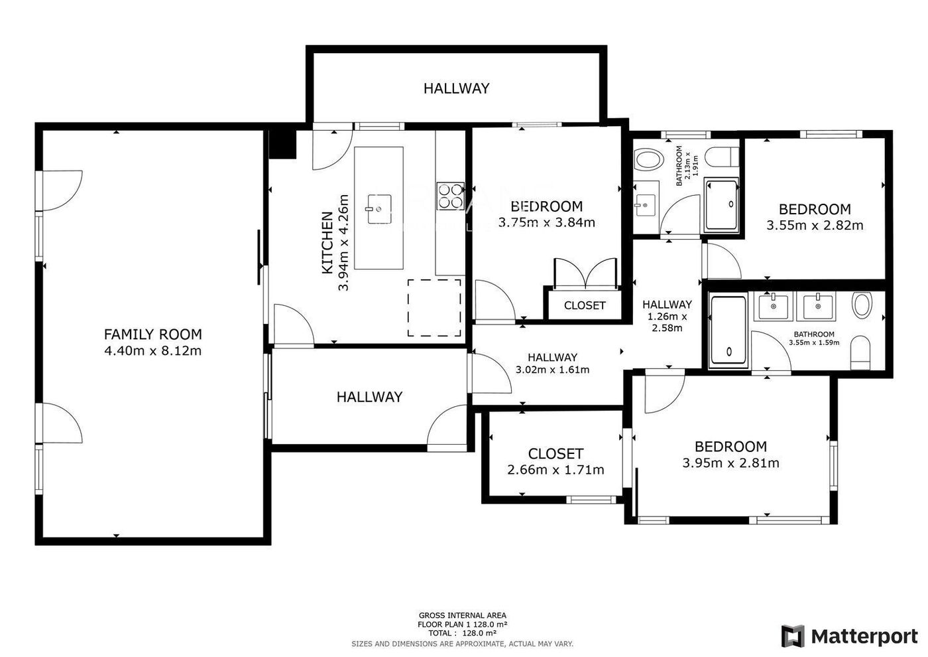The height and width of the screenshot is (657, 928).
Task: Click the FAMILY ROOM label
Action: click(x=153, y=334)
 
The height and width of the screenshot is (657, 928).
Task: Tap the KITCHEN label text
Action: click(x=327, y=243)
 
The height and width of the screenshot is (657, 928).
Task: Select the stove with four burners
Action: click(x=450, y=196)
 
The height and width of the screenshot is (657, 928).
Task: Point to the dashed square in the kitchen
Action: click(x=434, y=308)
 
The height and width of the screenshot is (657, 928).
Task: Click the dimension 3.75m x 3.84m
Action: click(x=546, y=223)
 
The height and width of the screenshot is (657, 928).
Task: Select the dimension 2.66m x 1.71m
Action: click(x=555, y=470)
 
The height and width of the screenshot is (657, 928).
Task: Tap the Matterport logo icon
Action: click(x=793, y=636)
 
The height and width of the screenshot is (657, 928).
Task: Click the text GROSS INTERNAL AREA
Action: click(x=463, y=616)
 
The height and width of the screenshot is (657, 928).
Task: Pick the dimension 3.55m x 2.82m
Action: click(x=815, y=225)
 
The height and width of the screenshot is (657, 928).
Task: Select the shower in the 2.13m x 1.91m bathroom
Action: click(x=721, y=205)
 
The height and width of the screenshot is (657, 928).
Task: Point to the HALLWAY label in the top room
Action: click(x=456, y=88)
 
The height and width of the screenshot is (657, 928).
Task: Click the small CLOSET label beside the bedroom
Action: click(x=585, y=306)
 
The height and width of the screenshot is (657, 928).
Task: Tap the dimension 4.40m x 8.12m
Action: click(x=153, y=351)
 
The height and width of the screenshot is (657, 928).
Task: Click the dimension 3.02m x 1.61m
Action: click(x=552, y=370)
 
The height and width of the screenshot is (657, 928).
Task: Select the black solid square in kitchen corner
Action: click(x=282, y=145)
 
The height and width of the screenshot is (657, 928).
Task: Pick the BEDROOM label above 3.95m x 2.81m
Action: click(x=730, y=447)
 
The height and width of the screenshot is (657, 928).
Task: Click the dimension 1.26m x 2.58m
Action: click(x=667, y=323)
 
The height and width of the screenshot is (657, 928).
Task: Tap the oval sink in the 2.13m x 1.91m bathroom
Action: click(x=649, y=159)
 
